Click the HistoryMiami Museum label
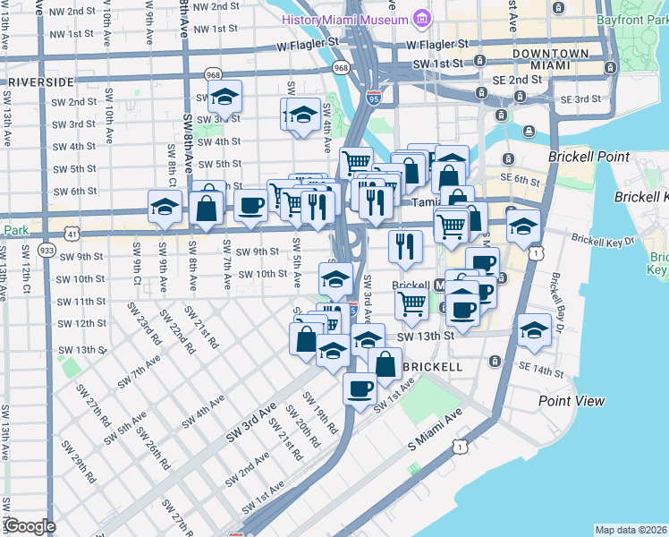(x=344, y=20)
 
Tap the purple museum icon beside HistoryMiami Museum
(x=420, y=19)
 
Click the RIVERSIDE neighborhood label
(x=38, y=81)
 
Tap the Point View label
(x=572, y=401)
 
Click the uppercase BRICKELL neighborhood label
(x=433, y=367)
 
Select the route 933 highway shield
(x=47, y=249)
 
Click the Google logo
(x=29, y=526)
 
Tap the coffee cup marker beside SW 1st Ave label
(x=360, y=389)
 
